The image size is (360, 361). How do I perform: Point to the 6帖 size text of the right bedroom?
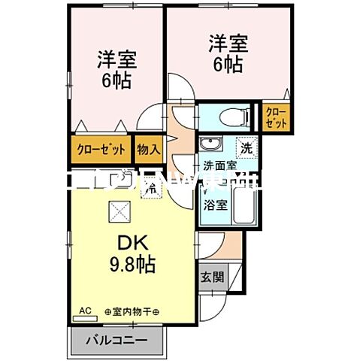point(226,65)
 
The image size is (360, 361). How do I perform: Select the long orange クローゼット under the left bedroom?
point(101,149)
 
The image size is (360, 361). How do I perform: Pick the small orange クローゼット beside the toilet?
point(277,117)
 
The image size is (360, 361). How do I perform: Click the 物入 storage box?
point(149,149)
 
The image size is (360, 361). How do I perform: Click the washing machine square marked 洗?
point(246,146)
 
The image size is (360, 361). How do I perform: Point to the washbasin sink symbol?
point(212,144)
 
